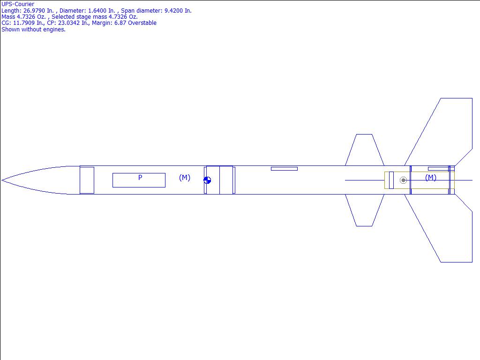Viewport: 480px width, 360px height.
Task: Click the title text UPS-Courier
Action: (x=18, y=4)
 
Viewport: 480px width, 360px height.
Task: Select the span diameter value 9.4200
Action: (x=173, y=11)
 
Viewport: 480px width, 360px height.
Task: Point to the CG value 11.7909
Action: (x=24, y=23)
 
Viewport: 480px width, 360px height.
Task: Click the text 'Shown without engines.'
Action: (x=33, y=30)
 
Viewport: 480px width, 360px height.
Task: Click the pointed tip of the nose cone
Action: (x=2, y=180)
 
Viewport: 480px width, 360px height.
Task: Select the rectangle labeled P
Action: (x=139, y=180)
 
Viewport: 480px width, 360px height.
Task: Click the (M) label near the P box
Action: (x=185, y=178)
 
